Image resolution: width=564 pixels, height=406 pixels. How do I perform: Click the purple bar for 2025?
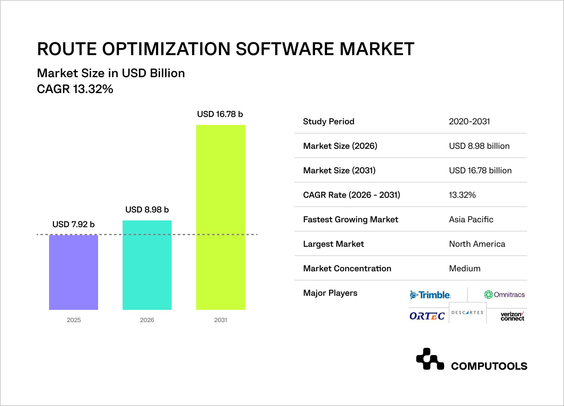click(x=74, y=272)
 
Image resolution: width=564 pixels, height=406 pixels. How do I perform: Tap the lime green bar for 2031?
click(x=221, y=217)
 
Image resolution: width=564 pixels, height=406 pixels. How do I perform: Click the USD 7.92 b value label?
click(x=74, y=224)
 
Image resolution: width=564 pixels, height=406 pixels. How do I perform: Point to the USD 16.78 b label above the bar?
click(x=220, y=114)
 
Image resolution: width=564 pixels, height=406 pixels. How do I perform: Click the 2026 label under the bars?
click(x=147, y=320)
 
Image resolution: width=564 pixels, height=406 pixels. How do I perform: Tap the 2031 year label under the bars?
click(x=221, y=320)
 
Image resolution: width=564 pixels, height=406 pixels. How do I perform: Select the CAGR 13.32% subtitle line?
click(x=75, y=89)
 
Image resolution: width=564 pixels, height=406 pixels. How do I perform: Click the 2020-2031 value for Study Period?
click(x=469, y=122)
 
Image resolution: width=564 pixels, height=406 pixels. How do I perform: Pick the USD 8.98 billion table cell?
click(x=479, y=146)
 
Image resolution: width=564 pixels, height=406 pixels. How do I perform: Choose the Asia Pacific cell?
click(x=471, y=220)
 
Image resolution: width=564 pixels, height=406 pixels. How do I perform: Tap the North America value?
click(x=477, y=244)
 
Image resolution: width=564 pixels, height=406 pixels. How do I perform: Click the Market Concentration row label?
click(x=347, y=269)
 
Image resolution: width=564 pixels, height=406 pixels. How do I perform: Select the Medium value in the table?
click(x=465, y=269)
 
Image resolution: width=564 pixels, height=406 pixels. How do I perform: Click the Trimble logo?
click(x=430, y=295)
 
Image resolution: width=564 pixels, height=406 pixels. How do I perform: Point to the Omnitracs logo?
click(x=504, y=295)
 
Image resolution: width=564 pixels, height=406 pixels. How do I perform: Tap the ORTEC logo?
click(x=427, y=316)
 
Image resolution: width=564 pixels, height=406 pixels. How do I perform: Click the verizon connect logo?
click(x=512, y=316)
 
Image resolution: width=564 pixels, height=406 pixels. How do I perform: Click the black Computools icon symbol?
click(x=430, y=359)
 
